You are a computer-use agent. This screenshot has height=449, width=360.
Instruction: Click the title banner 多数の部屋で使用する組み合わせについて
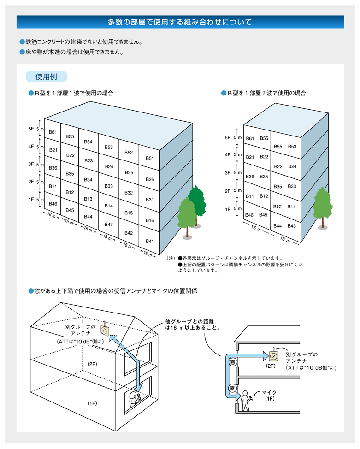tap(180, 22)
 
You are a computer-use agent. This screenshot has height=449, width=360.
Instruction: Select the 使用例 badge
tap(47, 77)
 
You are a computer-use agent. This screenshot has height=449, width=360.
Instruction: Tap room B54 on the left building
tap(89, 142)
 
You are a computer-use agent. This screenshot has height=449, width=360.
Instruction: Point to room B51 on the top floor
tap(150, 158)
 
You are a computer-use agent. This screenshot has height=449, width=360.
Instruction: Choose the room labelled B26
tap(150, 179)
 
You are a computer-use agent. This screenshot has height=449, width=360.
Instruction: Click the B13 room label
tap(89, 199)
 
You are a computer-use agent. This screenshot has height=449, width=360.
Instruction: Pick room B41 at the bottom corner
tap(150, 241)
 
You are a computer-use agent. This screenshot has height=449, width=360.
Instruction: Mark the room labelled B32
tap(129, 193)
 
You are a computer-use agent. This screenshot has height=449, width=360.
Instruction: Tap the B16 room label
tap(150, 220)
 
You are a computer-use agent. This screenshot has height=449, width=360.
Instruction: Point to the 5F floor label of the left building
tap(31, 129)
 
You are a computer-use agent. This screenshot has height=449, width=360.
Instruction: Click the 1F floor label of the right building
tap(227, 209)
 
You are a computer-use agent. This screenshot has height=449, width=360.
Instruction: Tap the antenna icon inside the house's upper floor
tap(105, 330)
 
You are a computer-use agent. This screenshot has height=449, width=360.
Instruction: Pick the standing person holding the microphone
tap(245, 400)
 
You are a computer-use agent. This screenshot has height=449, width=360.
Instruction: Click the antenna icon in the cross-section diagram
tap(274, 355)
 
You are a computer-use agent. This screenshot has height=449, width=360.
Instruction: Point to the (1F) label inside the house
tap(92, 403)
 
